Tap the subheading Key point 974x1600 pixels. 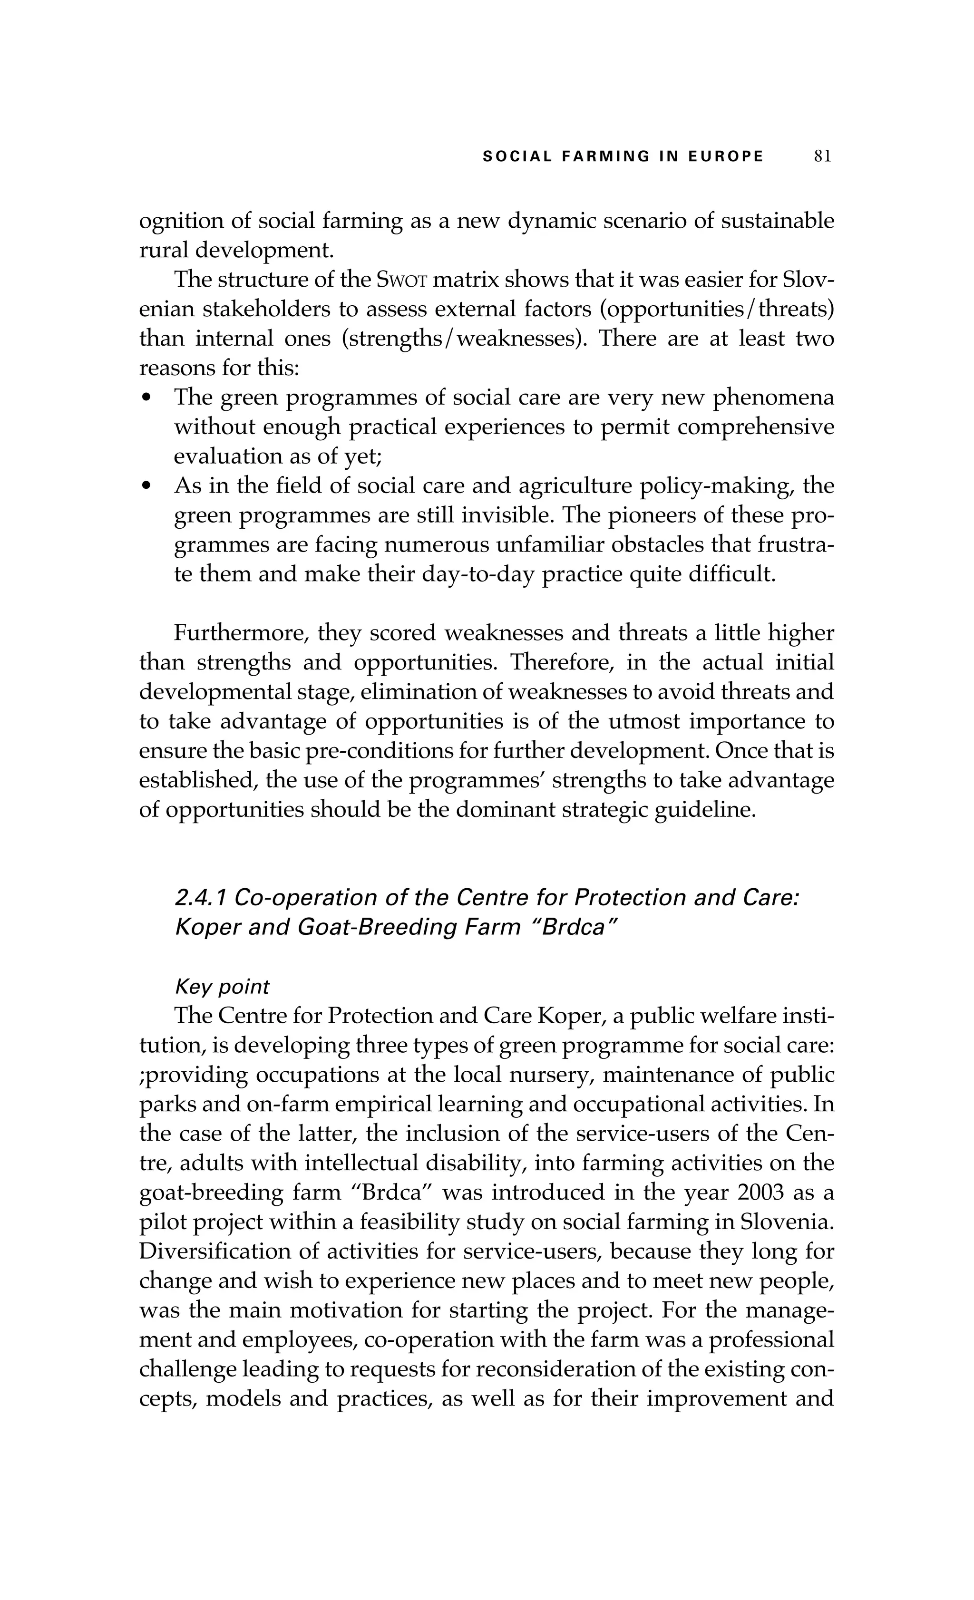[222, 987]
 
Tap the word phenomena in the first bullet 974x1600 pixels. [773, 398]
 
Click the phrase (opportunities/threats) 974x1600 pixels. [716, 309]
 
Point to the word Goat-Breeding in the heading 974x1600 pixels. [360, 927]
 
